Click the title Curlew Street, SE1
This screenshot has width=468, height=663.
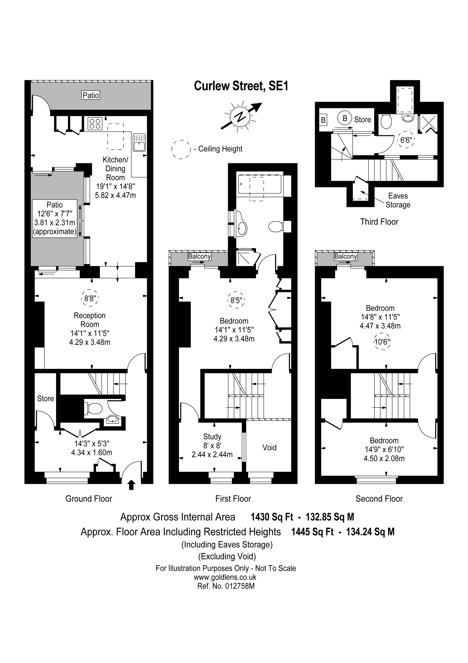click(x=241, y=86)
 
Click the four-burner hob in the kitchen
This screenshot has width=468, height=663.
click(x=95, y=124)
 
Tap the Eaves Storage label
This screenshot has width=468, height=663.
click(x=398, y=200)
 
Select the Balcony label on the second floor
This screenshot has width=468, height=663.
click(x=345, y=256)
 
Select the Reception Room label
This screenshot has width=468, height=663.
click(x=90, y=320)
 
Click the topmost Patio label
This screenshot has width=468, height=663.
click(x=91, y=95)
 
